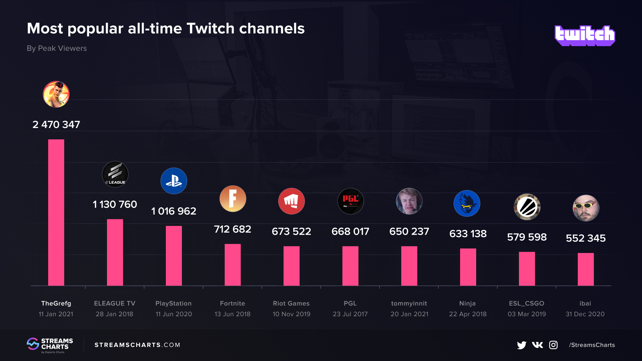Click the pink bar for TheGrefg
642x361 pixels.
(56, 212)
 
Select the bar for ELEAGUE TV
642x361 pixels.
(115, 252)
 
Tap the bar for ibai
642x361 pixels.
(585, 269)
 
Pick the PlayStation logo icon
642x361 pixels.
(174, 181)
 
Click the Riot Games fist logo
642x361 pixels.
(292, 201)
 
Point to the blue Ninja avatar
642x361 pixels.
(467, 203)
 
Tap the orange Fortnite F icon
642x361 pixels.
(233, 199)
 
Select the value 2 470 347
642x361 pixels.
(56, 124)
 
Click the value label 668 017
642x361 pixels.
(350, 231)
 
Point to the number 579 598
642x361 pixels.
(527, 237)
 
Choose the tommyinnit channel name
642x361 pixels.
(409, 303)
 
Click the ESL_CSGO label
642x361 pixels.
(526, 303)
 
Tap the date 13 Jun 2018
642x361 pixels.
(232, 314)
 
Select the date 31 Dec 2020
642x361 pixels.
(585, 314)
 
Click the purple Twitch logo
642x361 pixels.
(584, 35)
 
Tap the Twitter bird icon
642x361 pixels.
(521, 345)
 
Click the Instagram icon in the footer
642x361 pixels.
(553, 345)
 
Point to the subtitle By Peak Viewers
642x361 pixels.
(57, 48)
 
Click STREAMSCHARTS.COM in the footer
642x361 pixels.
(137, 345)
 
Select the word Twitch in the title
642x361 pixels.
(211, 28)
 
